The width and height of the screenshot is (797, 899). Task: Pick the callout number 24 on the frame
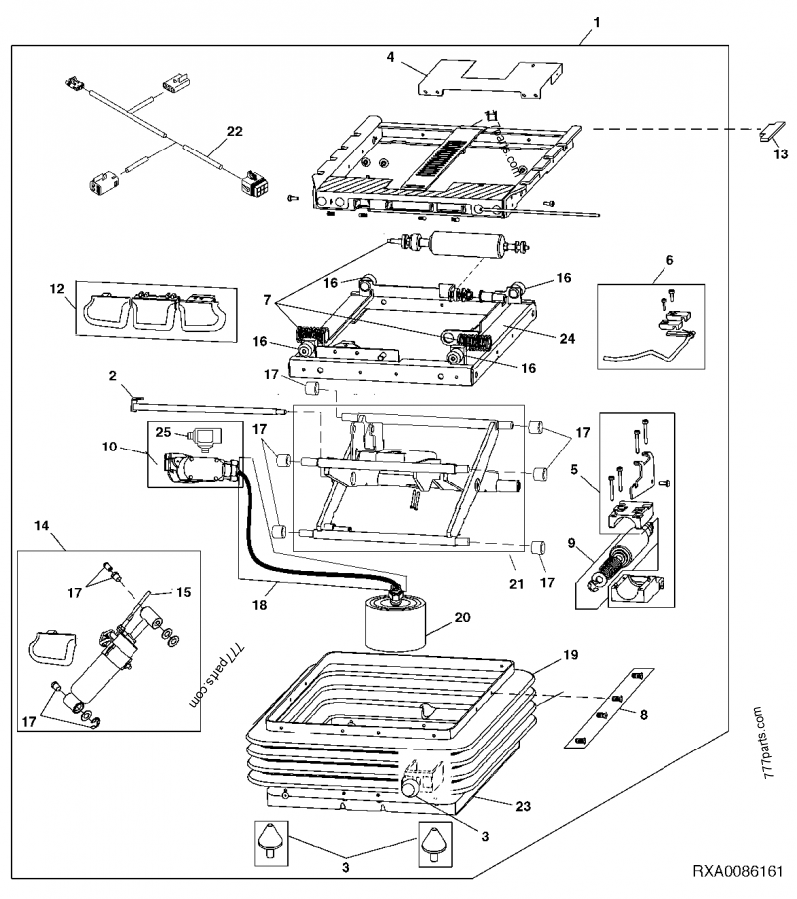[x=566, y=338]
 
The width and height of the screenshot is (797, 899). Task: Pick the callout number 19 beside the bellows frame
[x=571, y=655]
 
